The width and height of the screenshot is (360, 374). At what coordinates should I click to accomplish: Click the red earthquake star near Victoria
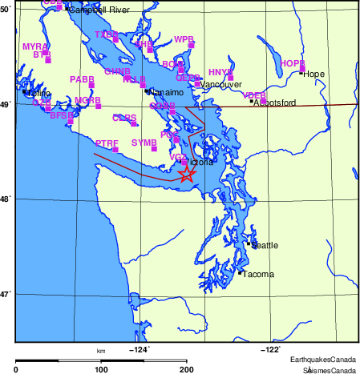click(186, 174)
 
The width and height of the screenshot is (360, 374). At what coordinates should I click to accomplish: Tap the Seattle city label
click(265, 246)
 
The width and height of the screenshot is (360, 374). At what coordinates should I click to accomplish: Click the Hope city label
click(313, 74)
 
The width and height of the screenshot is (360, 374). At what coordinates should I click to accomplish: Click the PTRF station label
click(107, 143)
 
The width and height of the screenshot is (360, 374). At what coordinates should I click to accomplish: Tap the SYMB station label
click(144, 143)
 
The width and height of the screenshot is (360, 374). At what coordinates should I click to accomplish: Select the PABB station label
click(82, 79)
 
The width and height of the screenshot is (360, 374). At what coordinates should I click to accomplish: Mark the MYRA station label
click(34, 46)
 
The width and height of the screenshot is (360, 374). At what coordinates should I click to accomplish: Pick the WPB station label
click(184, 39)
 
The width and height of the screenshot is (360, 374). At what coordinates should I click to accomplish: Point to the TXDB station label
click(106, 34)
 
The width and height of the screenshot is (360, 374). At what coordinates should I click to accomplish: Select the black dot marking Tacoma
click(240, 273)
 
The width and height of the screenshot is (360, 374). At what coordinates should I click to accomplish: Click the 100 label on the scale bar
click(101, 368)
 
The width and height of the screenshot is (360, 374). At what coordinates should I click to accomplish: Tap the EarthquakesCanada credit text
click(323, 359)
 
